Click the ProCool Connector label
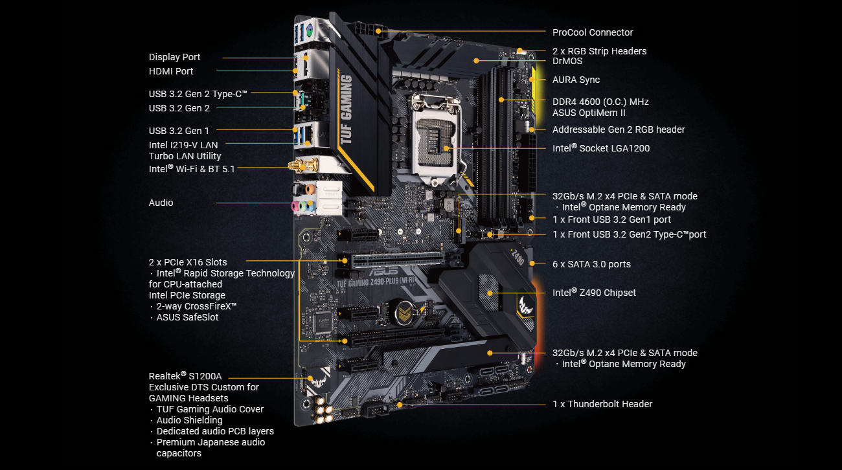point(592,32)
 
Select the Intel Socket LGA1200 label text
point(600,148)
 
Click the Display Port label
point(174,57)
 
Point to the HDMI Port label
point(171,71)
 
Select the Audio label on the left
point(161,203)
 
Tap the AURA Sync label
point(576,80)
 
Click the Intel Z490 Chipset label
point(594,293)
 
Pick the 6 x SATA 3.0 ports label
point(591,264)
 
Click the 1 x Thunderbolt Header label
point(602,404)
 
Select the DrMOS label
point(567,62)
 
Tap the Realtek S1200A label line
point(185,375)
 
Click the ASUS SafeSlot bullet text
point(187,317)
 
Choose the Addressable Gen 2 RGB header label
point(619,129)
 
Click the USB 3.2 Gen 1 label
point(179,131)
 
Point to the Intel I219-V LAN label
point(183,145)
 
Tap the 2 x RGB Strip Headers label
point(599,50)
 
